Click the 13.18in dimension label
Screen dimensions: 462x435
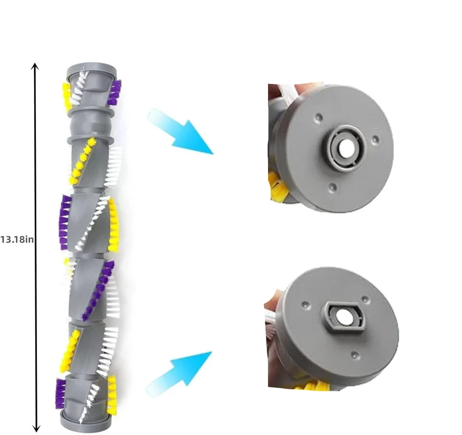[x=17, y=239]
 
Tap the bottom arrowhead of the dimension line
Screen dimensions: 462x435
[x=36, y=428]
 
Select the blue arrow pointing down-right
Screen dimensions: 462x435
[x=180, y=131]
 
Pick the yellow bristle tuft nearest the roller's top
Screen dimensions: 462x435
[x=66, y=96]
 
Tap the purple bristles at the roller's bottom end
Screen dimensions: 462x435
[x=60, y=393]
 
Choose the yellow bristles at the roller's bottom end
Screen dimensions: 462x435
[x=111, y=395]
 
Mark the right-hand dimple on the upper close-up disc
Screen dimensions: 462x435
[x=375, y=139]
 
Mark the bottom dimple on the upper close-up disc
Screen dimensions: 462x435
[x=333, y=186]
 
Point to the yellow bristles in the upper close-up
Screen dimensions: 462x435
[x=278, y=186]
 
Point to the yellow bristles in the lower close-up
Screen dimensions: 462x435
[x=312, y=385]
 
